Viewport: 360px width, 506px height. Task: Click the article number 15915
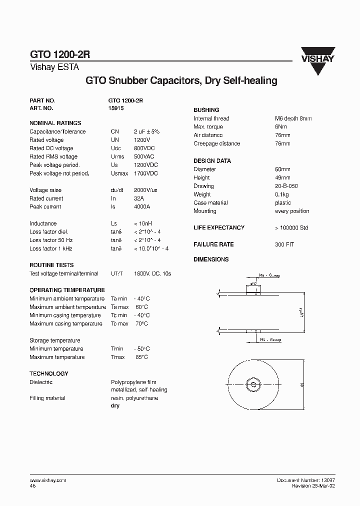coord(115,108)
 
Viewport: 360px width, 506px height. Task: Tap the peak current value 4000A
coord(142,206)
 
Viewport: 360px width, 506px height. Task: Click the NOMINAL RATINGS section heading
coord(55,123)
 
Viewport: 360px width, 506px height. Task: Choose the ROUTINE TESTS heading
coord(51,265)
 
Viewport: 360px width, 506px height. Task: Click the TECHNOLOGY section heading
coord(49,373)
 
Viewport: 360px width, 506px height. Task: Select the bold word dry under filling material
coord(115,405)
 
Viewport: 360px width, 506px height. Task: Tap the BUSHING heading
coord(206,110)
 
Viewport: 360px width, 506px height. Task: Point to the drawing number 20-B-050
coord(286,186)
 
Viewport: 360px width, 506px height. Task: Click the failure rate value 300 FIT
coord(284,244)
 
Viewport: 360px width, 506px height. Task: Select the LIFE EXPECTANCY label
coord(219,227)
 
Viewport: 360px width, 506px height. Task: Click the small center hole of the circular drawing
coord(253,384)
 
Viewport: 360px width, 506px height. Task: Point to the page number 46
coord(32,485)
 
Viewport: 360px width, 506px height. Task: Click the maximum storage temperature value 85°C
coord(141,357)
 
